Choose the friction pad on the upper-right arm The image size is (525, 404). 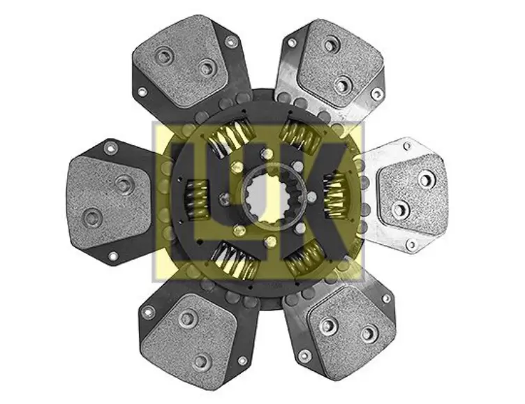(341, 63)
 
